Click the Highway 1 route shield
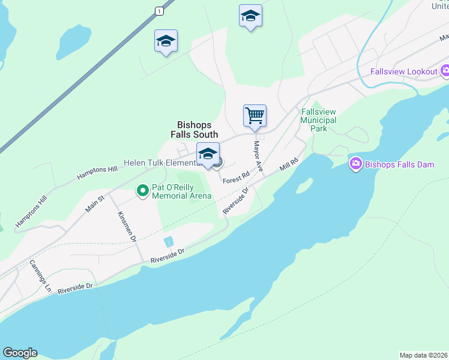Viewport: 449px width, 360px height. pyautogui.click(x=158, y=11)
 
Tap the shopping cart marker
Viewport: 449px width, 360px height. pyautogui.click(x=255, y=115)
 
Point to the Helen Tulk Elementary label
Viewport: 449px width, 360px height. pyautogui.click(x=160, y=163)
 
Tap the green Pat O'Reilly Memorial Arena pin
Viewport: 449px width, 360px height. pyautogui.click(x=142, y=191)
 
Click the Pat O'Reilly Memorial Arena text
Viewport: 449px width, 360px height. pyautogui.click(x=182, y=191)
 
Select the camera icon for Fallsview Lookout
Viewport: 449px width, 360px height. pyautogui.click(x=445, y=72)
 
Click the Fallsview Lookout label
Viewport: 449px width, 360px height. pyautogui.click(x=403, y=72)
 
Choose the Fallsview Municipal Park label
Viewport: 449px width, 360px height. pyautogui.click(x=318, y=120)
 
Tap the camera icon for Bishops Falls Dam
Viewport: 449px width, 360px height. pyautogui.click(x=356, y=164)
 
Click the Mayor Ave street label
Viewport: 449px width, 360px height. pyautogui.click(x=258, y=157)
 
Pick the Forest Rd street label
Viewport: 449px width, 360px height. pyautogui.click(x=236, y=178)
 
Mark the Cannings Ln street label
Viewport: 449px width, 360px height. pyautogui.click(x=40, y=275)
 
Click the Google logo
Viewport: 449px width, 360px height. pyautogui.click(x=20, y=353)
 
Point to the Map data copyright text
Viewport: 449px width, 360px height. pyautogui.click(x=423, y=355)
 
